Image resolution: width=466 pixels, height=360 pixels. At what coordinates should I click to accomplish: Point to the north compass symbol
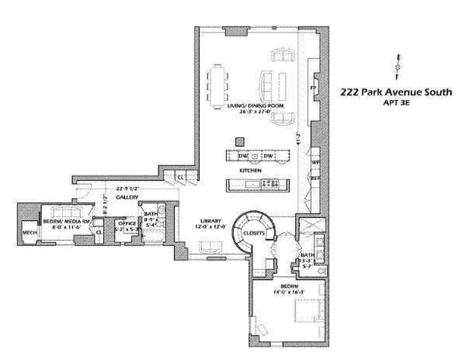(398, 68)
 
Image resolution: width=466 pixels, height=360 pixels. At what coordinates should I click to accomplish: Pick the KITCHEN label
(250, 170)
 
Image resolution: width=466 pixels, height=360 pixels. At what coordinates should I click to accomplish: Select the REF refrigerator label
(315, 178)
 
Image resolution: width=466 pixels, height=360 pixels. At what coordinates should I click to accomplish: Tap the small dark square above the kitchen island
(240, 141)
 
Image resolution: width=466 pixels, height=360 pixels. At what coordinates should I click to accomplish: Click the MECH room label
(30, 232)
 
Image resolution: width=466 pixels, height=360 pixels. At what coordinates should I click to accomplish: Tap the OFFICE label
(126, 223)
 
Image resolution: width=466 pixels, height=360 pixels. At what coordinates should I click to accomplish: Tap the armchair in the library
(207, 247)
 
